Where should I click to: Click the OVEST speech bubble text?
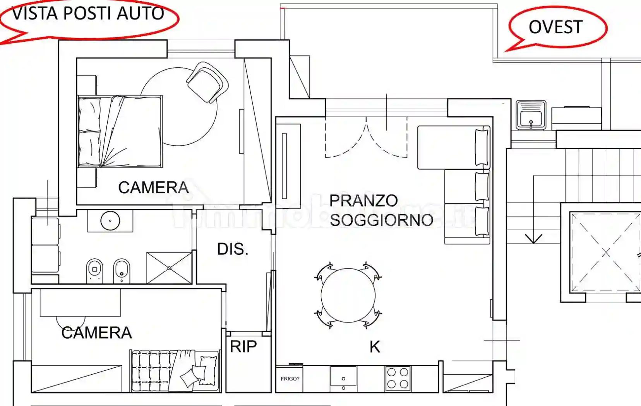tap(555, 27)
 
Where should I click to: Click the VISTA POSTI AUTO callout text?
tap(88, 14)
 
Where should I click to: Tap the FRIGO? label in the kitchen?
tap(290, 379)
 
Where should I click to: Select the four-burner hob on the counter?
tap(398, 378)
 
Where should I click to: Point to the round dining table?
tap(348, 295)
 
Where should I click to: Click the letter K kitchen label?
tap(375, 347)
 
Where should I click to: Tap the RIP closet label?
tap(243, 347)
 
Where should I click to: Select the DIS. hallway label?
tap(233, 249)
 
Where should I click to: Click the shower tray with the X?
tap(169, 268)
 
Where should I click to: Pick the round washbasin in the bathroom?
tap(110, 221)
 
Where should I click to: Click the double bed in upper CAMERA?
tap(120, 131)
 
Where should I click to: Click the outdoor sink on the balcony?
tap(531, 115)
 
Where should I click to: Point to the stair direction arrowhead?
tap(534, 239)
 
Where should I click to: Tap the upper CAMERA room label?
tap(153, 188)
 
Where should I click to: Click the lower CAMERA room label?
tap(96, 333)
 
